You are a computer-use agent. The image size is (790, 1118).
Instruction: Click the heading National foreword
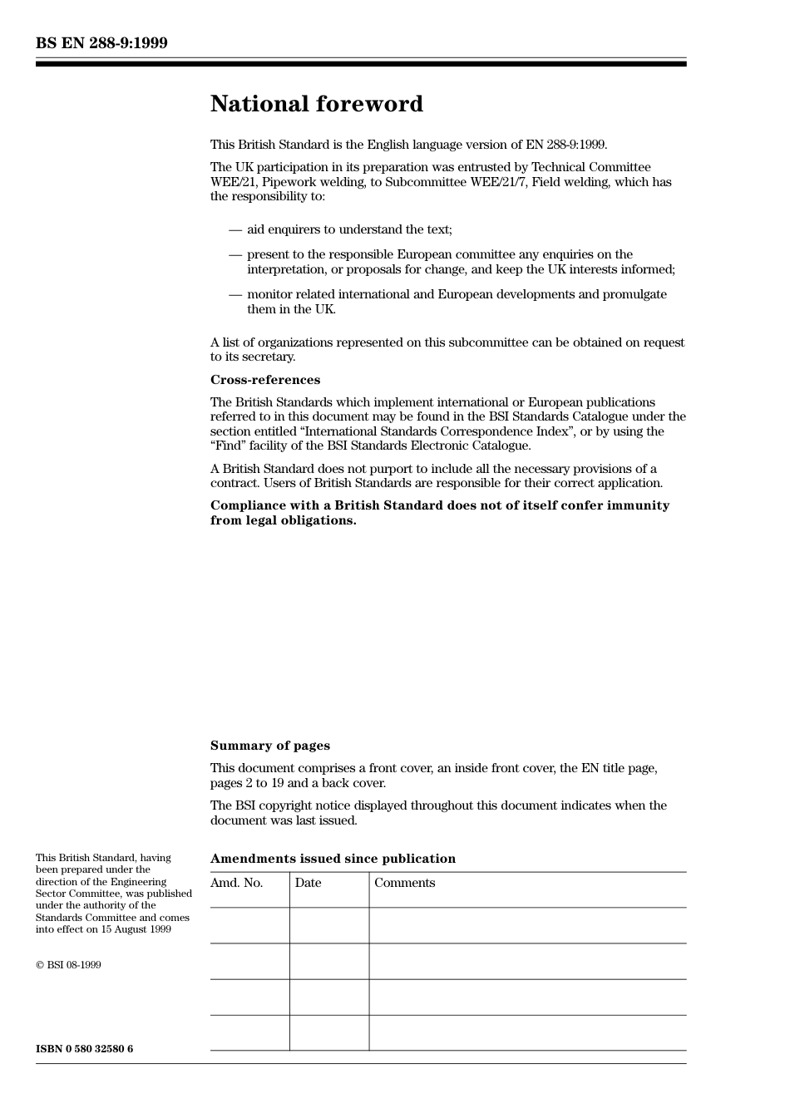(316, 104)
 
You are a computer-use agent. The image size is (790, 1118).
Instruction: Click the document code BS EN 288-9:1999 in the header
(101, 43)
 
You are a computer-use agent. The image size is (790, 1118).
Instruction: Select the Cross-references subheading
(264, 380)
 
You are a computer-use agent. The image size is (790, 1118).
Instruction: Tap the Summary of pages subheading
(269, 746)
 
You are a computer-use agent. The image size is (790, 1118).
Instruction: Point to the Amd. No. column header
(236, 883)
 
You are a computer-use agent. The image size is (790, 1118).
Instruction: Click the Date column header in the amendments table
(308, 883)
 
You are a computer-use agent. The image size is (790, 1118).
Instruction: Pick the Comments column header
(404, 883)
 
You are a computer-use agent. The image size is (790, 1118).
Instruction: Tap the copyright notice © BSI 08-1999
(68, 965)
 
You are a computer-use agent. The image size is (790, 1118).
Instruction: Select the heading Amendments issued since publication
(333, 859)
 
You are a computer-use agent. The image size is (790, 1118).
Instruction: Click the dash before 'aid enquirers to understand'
(235, 229)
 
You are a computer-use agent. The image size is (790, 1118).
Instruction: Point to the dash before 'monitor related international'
(235, 294)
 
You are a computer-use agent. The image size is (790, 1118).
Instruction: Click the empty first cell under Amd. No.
(249, 925)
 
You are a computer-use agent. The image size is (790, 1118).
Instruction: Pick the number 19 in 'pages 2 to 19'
(278, 783)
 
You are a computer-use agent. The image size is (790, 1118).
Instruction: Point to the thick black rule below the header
(361, 64)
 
